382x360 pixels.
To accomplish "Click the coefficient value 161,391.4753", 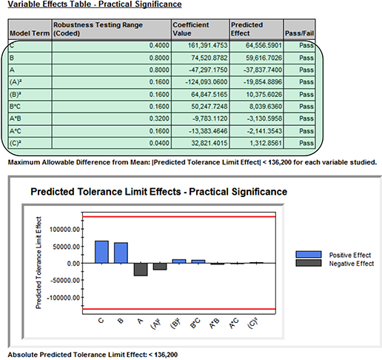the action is (207, 45).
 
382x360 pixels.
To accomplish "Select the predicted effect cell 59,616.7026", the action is (264, 58).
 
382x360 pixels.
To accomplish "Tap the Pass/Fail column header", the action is (299, 33).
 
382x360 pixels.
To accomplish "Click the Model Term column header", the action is (30, 33).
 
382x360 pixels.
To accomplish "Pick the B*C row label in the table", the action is (15, 107).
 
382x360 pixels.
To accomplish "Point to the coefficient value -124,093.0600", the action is (207, 82).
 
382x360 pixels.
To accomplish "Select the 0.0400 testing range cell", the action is (159, 143).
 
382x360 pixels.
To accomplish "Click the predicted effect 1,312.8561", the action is (266, 143).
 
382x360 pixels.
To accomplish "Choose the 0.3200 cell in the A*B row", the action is (159, 119).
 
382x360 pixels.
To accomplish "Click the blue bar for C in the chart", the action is (101, 252).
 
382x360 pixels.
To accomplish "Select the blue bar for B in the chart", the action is (121, 253).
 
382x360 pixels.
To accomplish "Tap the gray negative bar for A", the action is (141, 270).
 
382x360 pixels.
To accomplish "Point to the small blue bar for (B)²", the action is (179, 261).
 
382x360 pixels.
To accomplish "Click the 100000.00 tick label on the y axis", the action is (65, 230).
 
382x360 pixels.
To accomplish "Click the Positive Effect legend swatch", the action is (309, 255).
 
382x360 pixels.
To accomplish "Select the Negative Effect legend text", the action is (352, 264).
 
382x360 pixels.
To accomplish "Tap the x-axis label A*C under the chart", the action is (234, 323).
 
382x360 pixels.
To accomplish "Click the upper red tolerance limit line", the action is (179, 217).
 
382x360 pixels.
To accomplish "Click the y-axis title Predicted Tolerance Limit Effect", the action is (38, 263).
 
